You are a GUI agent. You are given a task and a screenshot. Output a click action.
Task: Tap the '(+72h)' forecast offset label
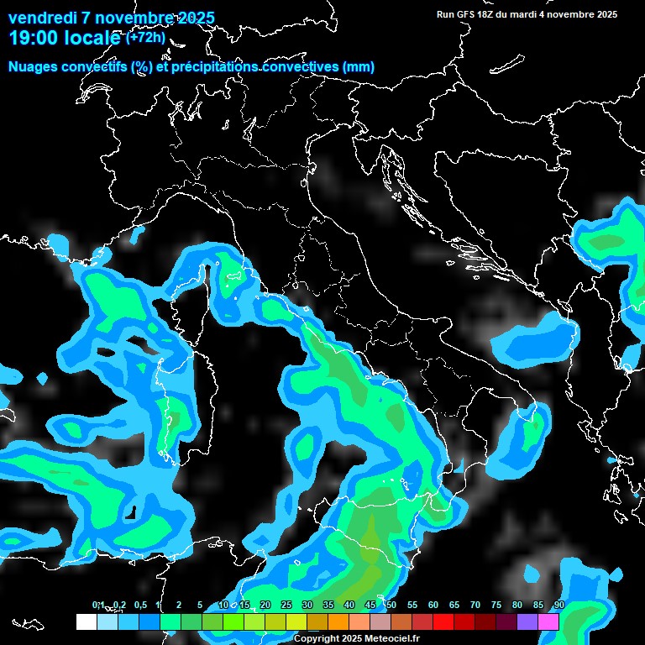tap(145, 37)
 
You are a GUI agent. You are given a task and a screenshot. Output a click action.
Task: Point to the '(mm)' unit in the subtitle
tap(358, 66)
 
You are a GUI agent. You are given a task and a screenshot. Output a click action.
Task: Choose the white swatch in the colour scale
tap(86, 621)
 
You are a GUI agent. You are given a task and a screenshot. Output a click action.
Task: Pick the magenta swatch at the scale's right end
tap(548, 621)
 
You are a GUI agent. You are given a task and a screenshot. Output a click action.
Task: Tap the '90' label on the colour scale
tap(558, 605)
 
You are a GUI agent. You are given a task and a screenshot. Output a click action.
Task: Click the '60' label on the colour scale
tap(433, 605)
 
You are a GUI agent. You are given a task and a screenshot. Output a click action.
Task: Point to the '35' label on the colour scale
tap(328, 605)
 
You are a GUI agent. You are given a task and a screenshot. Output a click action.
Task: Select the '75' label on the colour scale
tap(496, 605)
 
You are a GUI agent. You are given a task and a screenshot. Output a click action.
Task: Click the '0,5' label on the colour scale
tap(140, 605)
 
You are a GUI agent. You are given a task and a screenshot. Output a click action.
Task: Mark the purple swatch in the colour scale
tap(527, 621)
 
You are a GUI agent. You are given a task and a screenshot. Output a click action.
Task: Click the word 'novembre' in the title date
tap(136, 18)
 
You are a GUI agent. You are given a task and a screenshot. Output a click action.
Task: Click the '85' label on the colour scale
tap(538, 605)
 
